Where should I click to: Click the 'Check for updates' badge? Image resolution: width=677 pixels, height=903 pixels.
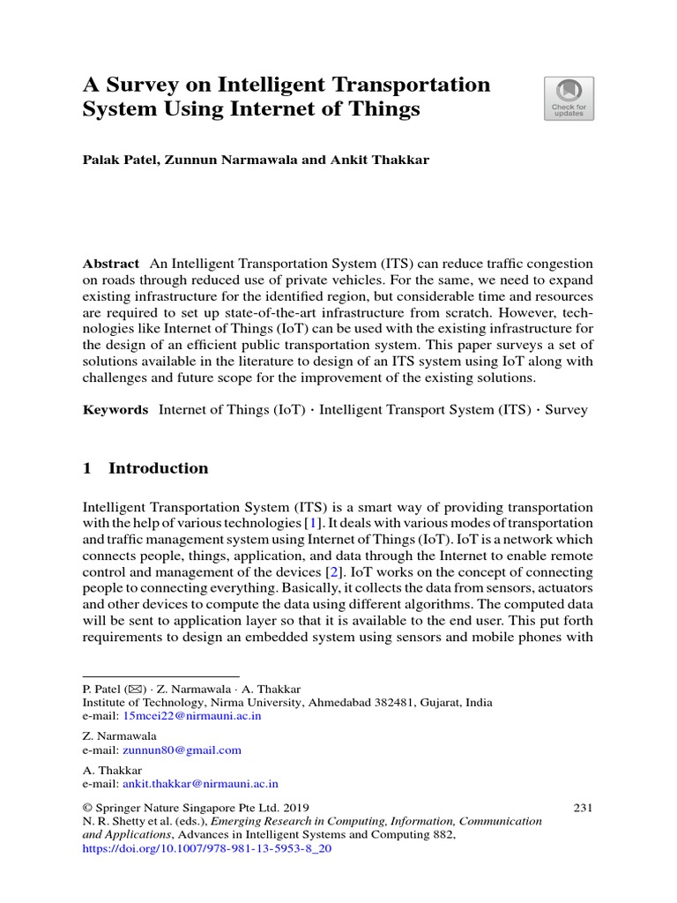pyautogui.click(x=569, y=98)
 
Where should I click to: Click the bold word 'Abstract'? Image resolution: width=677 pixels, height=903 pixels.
pyautogui.click(x=110, y=265)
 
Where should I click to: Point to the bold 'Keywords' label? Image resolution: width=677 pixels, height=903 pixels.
pyautogui.click(x=115, y=410)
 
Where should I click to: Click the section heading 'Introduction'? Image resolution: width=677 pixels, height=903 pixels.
pyautogui.click(x=158, y=468)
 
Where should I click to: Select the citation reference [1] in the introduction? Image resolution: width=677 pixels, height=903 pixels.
pyautogui.click(x=311, y=524)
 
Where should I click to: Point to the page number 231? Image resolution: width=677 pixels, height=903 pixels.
pyautogui.click(x=583, y=807)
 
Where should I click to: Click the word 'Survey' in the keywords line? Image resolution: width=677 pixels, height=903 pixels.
pyautogui.click(x=566, y=410)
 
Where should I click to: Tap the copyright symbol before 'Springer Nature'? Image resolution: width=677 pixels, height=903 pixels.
pyautogui.click(x=87, y=807)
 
